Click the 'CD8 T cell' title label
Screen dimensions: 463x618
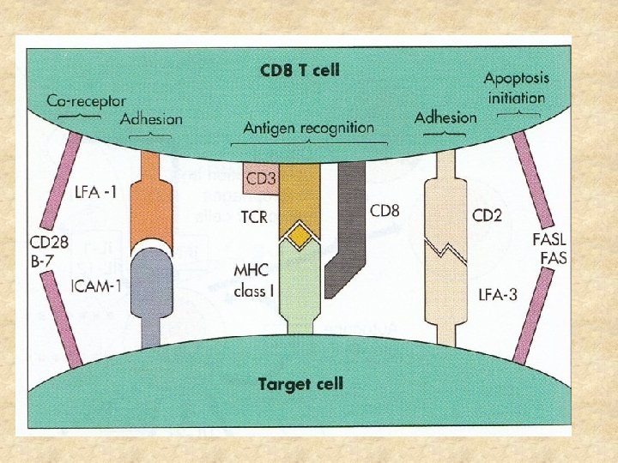tap(300, 69)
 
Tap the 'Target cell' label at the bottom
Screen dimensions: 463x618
tap(300, 382)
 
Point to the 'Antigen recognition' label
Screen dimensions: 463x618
tap(308, 128)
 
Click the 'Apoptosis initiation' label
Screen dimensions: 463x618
tap(517, 87)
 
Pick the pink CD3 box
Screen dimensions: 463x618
tap(259, 178)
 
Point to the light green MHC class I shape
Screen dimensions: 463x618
tap(298, 283)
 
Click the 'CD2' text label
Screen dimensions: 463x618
tap(487, 214)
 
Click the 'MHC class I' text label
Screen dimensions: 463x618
tap(254, 281)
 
